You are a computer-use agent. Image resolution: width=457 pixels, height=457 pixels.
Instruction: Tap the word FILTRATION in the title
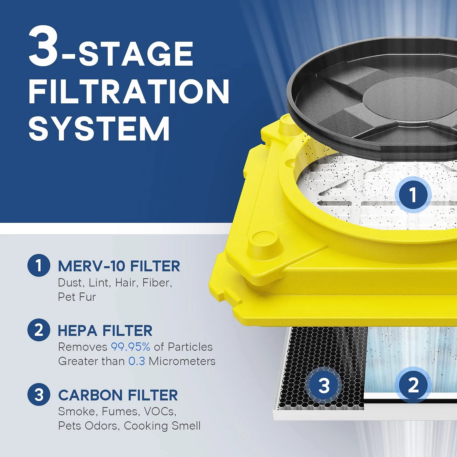pyautogui.click(x=129, y=91)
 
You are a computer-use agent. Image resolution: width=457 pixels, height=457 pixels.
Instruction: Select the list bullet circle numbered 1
pyautogui.click(x=39, y=265)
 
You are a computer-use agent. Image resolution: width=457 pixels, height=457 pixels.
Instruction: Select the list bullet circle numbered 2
pyautogui.click(x=39, y=330)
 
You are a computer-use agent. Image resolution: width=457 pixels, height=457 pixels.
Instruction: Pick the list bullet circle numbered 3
pyautogui.click(x=39, y=394)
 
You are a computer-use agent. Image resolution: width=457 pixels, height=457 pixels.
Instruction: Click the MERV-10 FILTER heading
pyautogui.click(x=119, y=266)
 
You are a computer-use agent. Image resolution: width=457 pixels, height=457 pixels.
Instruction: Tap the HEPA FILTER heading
pyautogui.click(x=105, y=331)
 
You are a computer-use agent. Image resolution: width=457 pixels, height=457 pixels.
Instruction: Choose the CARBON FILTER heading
pyautogui.click(x=118, y=395)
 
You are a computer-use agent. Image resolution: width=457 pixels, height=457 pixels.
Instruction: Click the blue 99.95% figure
pyautogui.click(x=130, y=347)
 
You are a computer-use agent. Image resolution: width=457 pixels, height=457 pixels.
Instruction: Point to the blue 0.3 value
pyautogui.click(x=137, y=361)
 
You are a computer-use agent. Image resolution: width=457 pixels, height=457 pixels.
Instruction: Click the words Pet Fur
pyautogui.click(x=77, y=297)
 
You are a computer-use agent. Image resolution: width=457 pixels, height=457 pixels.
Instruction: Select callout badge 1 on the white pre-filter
pyautogui.click(x=413, y=195)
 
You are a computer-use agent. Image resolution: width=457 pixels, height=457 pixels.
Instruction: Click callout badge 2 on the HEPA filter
pyautogui.click(x=413, y=385)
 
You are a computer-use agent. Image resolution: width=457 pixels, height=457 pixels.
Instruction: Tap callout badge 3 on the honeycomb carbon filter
pyautogui.click(x=324, y=385)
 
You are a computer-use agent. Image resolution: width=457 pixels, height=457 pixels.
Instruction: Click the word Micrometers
pyautogui.click(x=182, y=361)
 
